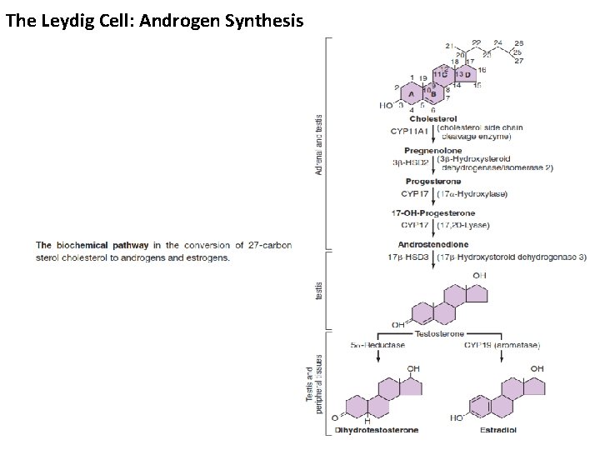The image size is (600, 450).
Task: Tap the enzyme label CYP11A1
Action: pos(408,132)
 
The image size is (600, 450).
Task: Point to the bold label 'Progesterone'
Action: pos(432,181)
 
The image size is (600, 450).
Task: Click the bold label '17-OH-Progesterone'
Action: pos(432,212)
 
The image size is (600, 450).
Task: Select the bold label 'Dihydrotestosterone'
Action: pos(377,430)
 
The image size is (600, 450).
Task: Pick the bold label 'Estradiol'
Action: pos(498,430)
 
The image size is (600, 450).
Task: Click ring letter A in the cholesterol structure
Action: pos(411,95)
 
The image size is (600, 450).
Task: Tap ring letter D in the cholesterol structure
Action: pos(467,74)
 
